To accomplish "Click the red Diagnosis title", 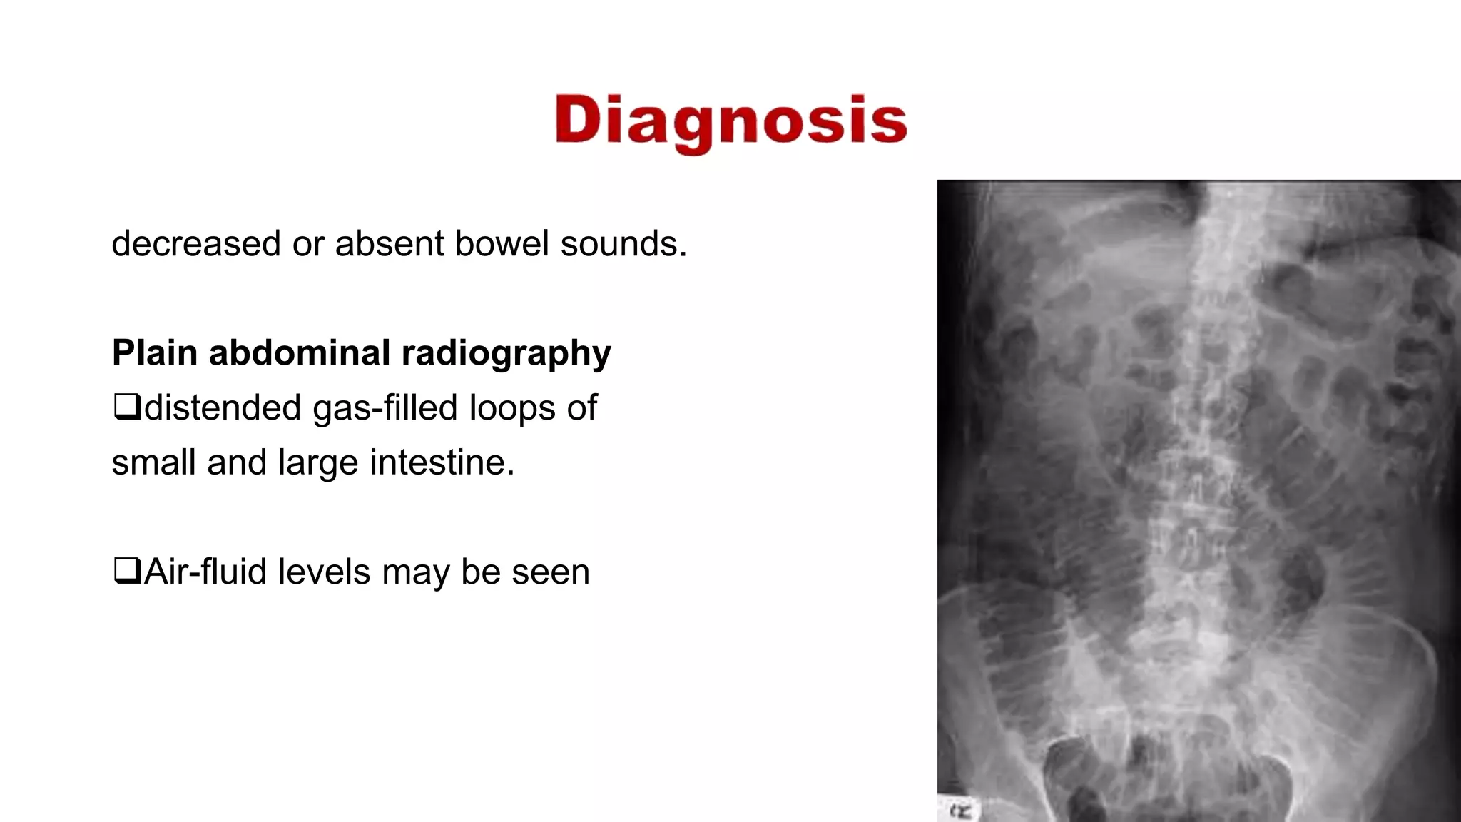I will pyautogui.click(x=730, y=121).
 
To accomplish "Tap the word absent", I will pyautogui.click(x=390, y=244).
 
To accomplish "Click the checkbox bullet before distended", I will pyautogui.click(x=126, y=407).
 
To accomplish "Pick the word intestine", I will pyautogui.click(x=442, y=463).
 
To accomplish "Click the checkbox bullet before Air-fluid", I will pyautogui.click(x=126, y=572).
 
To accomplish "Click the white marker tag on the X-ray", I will pyautogui.click(x=959, y=811).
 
